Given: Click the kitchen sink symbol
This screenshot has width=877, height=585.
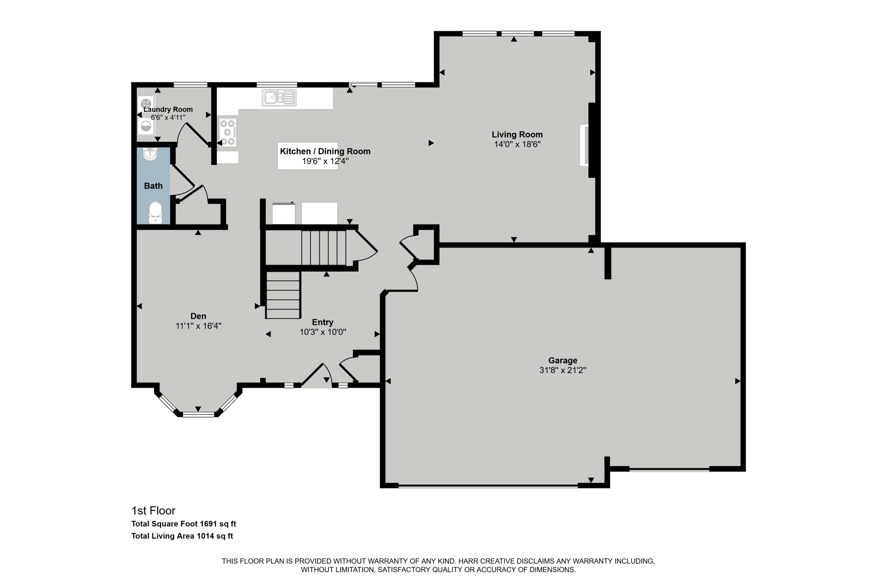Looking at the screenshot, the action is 279,97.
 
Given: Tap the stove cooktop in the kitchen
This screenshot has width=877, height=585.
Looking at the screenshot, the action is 227,133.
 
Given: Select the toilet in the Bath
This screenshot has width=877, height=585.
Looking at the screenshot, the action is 155,212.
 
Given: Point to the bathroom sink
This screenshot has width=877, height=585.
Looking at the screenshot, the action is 150,154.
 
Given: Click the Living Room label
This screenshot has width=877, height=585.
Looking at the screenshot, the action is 517,134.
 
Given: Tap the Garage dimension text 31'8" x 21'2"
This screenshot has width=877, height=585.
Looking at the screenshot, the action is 563,370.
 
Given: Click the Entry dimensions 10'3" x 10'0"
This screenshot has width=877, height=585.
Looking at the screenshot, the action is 323,332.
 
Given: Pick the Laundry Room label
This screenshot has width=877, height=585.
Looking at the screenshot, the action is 168,109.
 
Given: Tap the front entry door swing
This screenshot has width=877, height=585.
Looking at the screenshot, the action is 317,375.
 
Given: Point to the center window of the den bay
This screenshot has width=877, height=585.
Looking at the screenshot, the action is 198,414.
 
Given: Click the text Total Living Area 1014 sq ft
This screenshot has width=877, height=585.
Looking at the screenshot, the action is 182,536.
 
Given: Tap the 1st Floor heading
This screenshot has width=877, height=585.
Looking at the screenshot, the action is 153,510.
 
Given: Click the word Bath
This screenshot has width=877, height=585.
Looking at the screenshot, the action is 153,186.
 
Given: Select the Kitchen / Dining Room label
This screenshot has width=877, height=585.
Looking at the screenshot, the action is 325,151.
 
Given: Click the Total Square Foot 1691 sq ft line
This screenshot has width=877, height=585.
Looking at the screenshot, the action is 184,524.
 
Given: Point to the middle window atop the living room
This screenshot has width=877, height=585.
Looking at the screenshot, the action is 517,34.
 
